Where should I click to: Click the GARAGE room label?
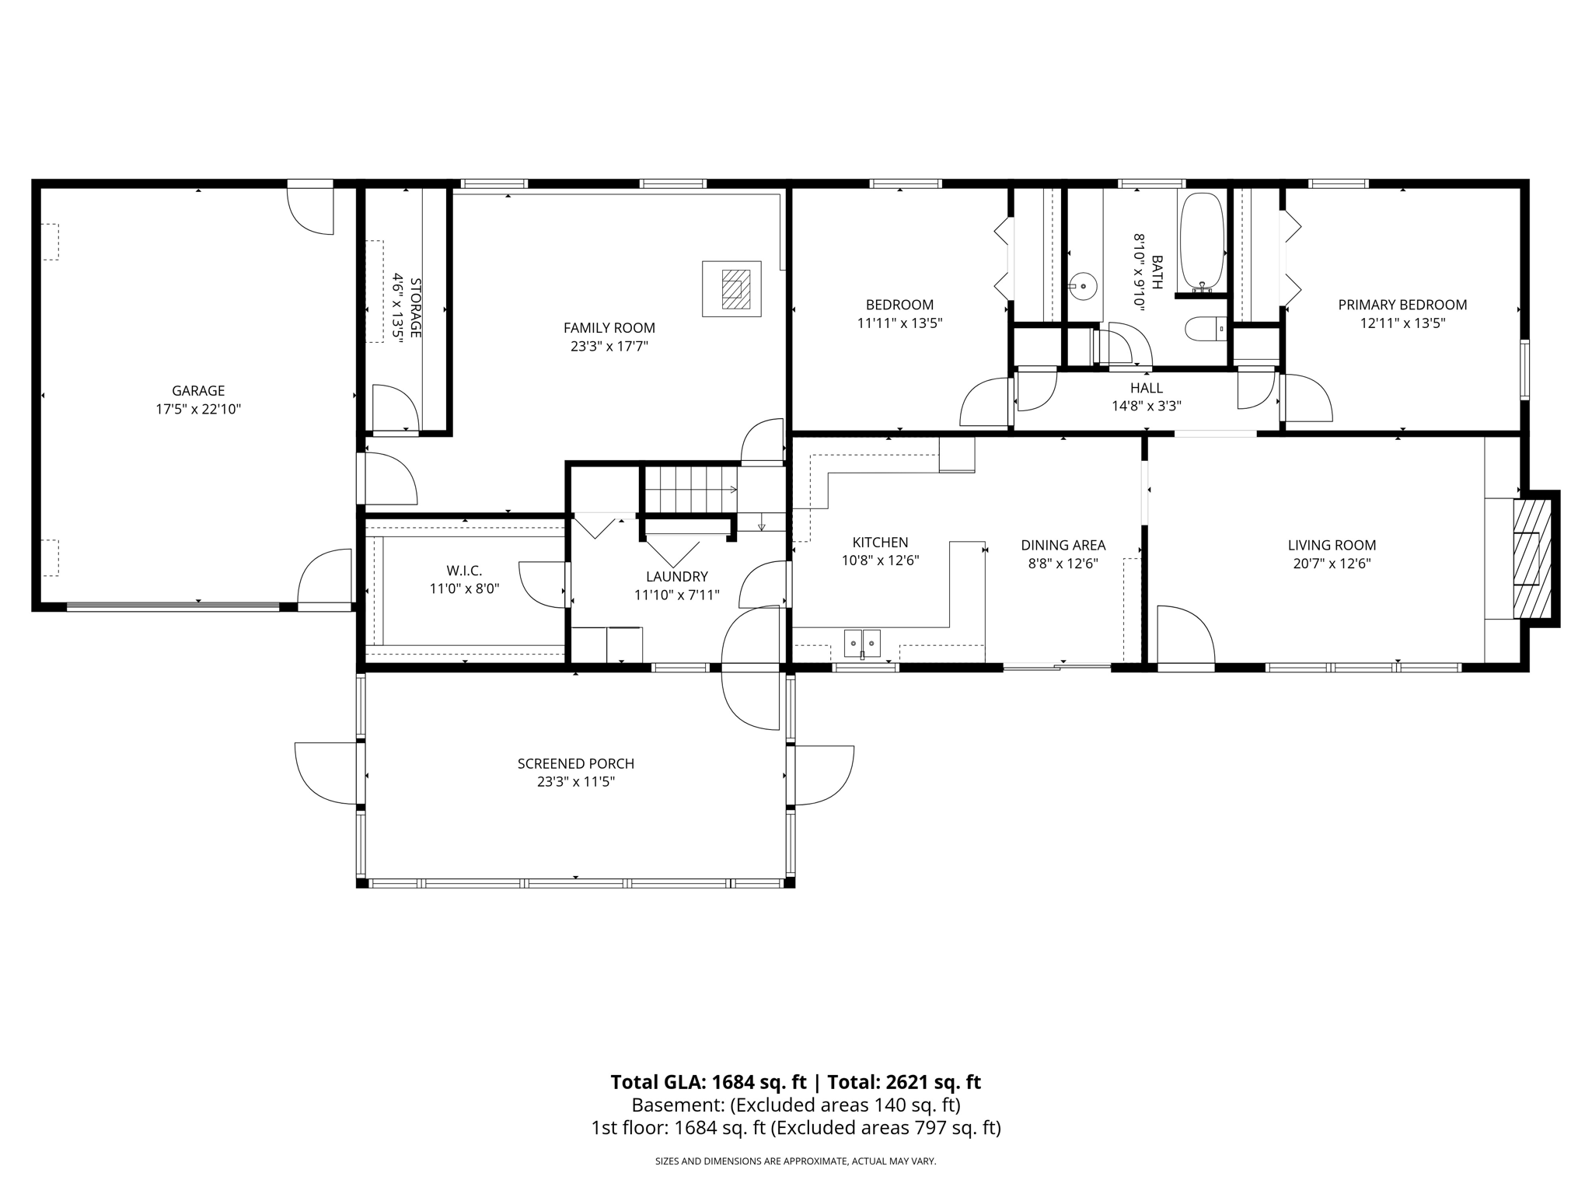[x=198, y=391]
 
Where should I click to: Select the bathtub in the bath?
[x=1202, y=242]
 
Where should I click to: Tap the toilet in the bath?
[x=1204, y=329]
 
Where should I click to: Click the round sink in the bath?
[x=1084, y=286]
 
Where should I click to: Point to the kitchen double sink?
[x=863, y=643]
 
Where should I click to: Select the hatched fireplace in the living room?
[x=1531, y=558]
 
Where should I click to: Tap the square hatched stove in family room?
[x=731, y=289]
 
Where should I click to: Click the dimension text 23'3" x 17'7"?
[x=609, y=347]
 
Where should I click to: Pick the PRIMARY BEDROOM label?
[x=1402, y=305]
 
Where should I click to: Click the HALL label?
[x=1147, y=388]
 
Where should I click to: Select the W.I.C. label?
[x=464, y=571]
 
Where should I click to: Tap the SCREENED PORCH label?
[x=575, y=764]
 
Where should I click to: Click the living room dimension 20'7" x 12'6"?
[x=1332, y=564]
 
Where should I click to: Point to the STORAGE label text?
[x=415, y=307]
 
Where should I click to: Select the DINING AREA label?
[x=1063, y=546]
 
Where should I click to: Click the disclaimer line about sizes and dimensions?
[x=795, y=1161]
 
